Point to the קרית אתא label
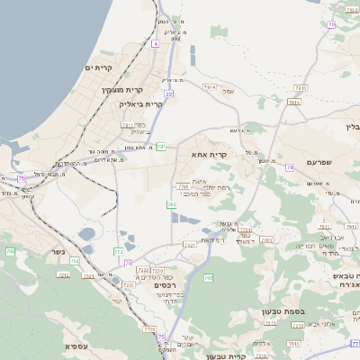209,155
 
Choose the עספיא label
76,345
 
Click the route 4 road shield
156,43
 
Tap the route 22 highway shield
168,94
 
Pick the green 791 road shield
161,146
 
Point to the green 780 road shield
171,205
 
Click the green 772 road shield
118,252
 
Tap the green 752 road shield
75,261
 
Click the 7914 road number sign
210,87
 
